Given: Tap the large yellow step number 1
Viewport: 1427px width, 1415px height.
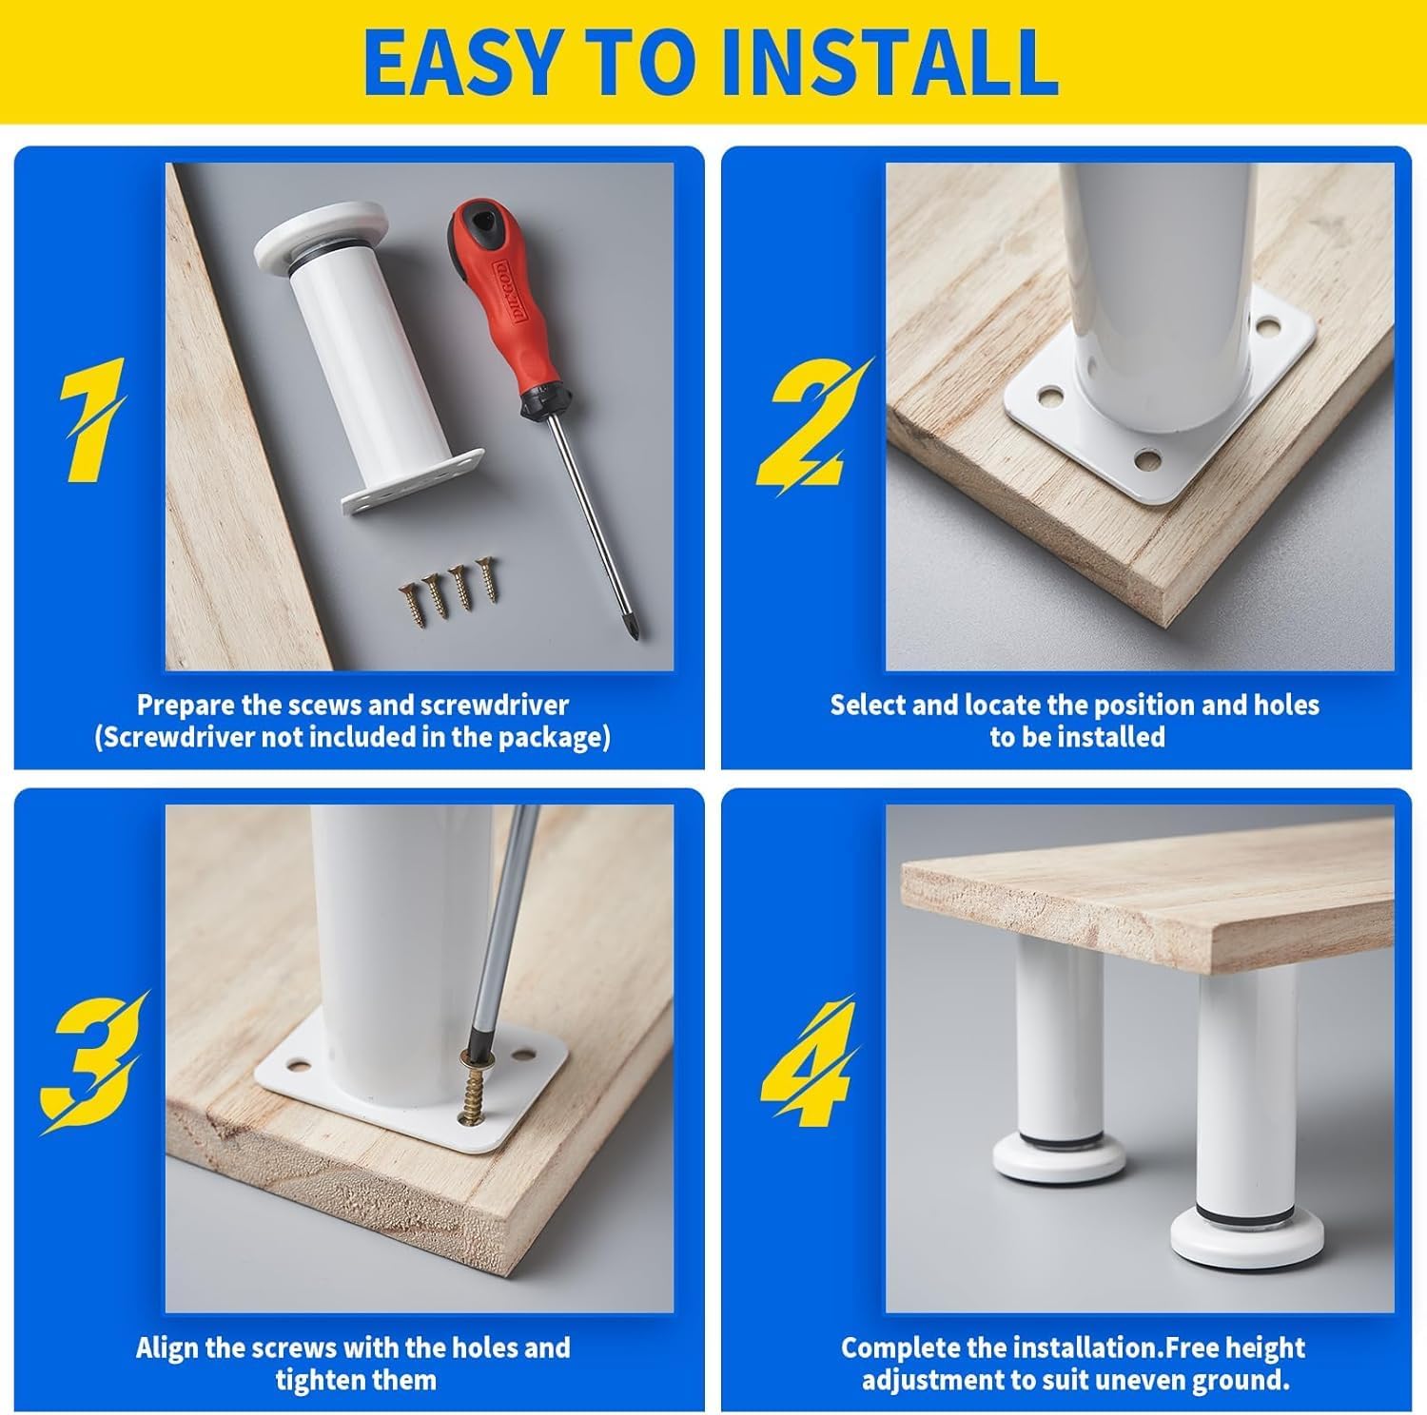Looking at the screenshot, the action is [x=92, y=419].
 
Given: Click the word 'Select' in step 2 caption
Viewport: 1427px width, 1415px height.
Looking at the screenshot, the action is [x=868, y=705].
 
